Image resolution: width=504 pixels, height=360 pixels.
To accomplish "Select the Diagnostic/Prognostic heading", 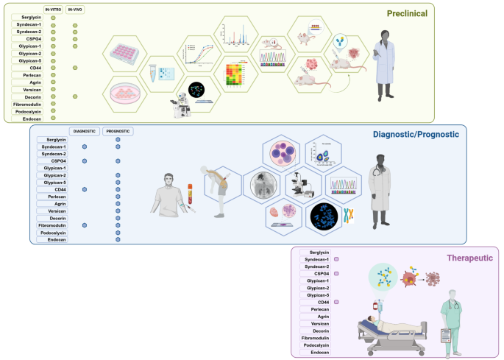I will [x=416, y=135].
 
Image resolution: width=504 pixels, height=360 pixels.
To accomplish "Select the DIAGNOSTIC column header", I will [x=84, y=131].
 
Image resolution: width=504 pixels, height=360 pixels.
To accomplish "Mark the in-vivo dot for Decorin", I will [x=75, y=96].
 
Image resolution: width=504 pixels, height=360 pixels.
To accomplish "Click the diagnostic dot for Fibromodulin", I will [x=85, y=225].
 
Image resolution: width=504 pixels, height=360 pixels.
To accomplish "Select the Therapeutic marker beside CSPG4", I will [x=336, y=274].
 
